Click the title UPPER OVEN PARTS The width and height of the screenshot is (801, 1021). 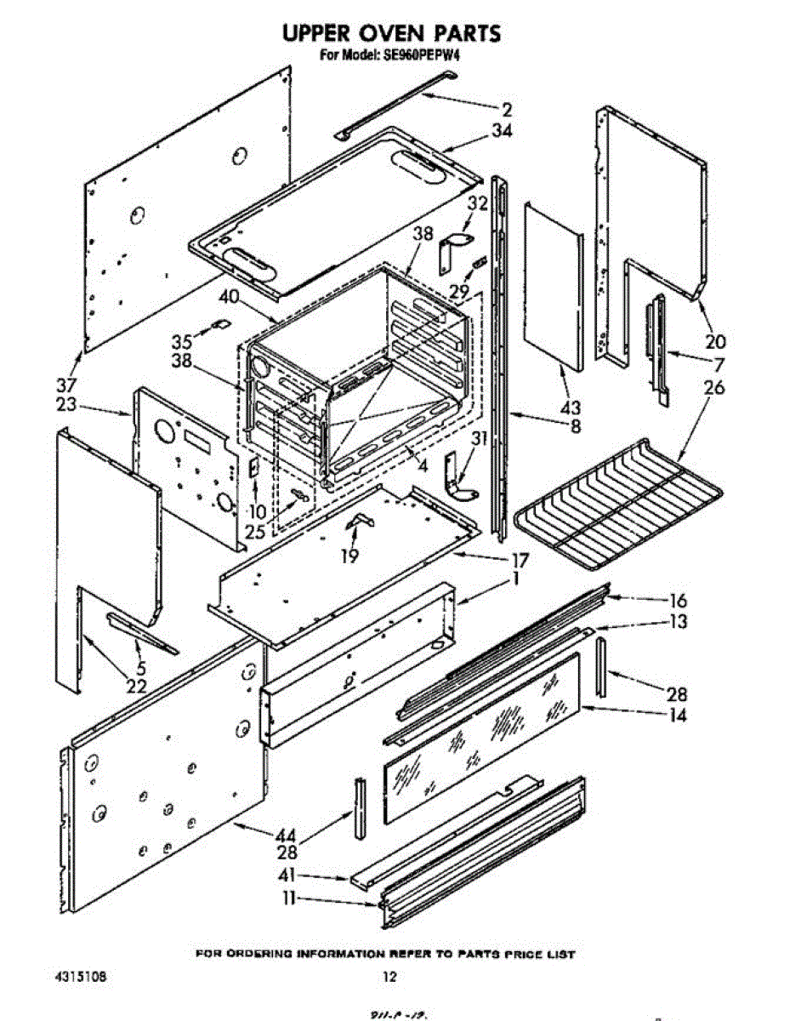coord(390,33)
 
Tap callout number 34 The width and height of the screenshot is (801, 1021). coord(502,131)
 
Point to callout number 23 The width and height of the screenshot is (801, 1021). coord(66,406)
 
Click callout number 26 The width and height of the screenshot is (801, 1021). coord(714,387)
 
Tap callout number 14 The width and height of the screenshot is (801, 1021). coord(677,716)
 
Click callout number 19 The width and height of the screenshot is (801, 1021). coord(349,556)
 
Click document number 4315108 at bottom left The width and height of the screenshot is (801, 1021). coord(81,977)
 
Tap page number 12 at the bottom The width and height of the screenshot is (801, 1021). coord(389,978)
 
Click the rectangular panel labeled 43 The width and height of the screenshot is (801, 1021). coord(553,289)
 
